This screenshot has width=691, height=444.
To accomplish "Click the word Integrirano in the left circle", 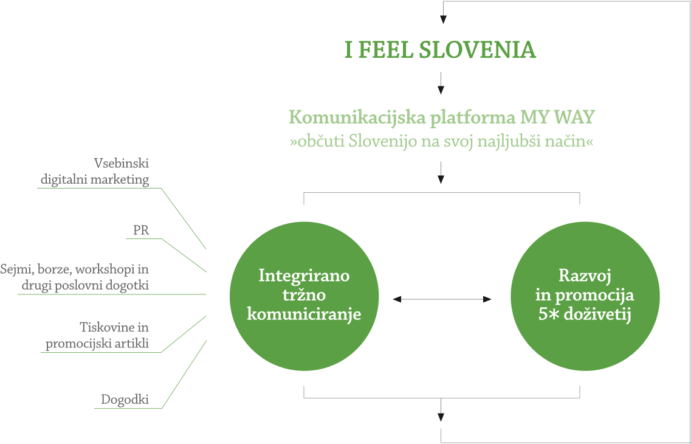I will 304,276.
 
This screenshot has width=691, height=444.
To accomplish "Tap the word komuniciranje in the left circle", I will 304,314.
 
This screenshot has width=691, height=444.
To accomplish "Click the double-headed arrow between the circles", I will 441,299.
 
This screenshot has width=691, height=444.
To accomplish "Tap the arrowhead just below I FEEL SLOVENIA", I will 441,90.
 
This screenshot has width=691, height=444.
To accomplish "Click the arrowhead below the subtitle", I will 441,179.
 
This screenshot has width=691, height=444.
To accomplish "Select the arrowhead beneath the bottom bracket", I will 441,417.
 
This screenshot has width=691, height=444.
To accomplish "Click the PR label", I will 140,231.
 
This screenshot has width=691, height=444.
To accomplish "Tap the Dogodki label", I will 125,399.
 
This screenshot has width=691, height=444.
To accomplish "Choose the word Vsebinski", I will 122,163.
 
